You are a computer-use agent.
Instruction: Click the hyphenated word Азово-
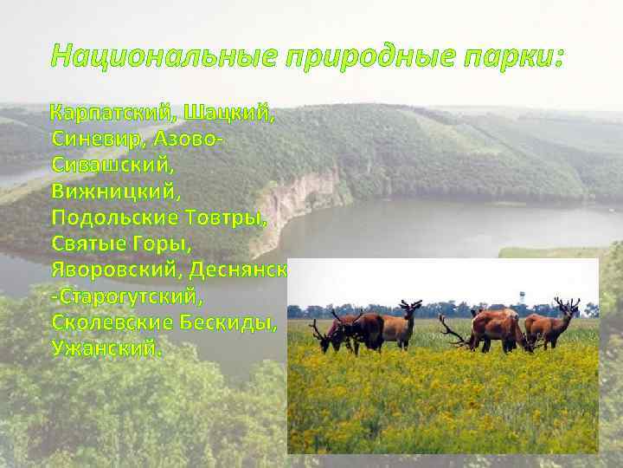click(x=192, y=139)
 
